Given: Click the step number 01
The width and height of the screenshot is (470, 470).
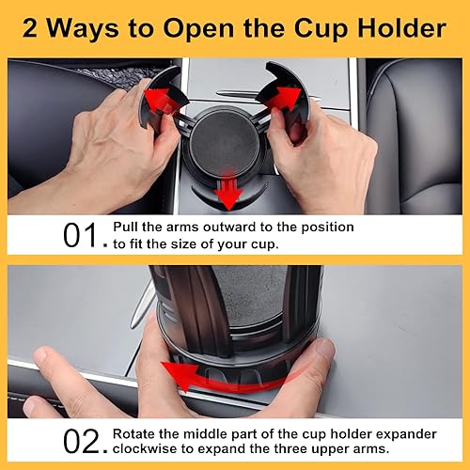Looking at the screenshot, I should coord(82,235).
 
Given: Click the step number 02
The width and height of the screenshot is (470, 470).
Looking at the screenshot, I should coord(82,442).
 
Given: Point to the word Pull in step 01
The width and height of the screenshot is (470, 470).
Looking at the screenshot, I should coord(127,227).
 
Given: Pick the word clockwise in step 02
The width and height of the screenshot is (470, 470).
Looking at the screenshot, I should coord(149,449).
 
